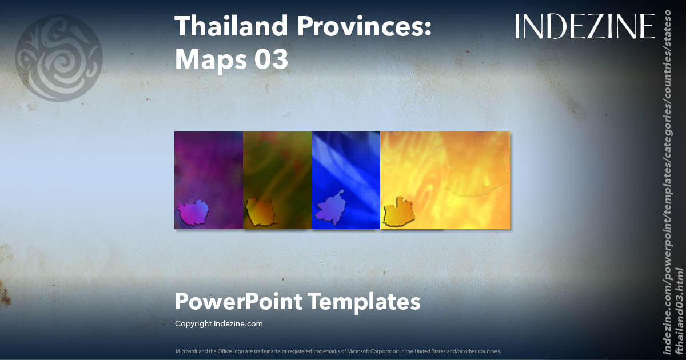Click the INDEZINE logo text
click(584, 26)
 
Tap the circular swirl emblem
click(58, 59)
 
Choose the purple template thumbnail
click(209, 180)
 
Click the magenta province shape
click(194, 212)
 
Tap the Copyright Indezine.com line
click(219, 323)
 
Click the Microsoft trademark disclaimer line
click(338, 351)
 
